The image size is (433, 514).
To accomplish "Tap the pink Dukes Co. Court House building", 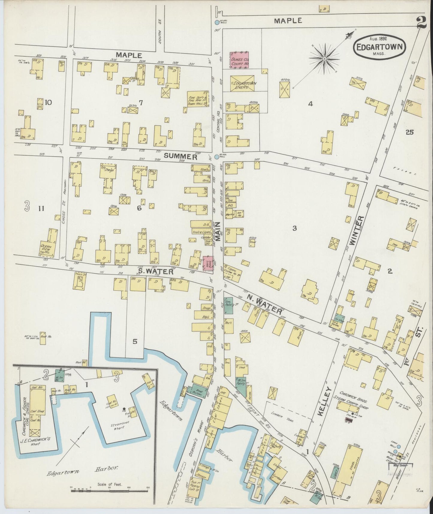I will click(240, 60).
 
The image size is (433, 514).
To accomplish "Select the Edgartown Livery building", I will click(242, 84).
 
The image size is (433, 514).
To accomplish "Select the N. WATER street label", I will click(265, 304).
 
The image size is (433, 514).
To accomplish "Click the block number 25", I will click(409, 132).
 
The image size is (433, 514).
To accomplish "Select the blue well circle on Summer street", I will click(217, 157).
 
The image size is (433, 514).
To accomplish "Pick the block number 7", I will click(141, 103).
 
